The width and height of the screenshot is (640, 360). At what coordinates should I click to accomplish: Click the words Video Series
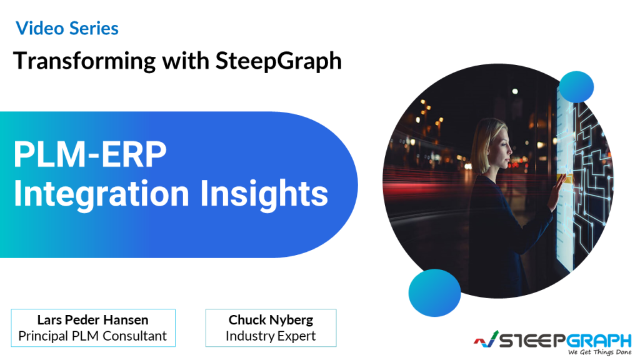[67, 27]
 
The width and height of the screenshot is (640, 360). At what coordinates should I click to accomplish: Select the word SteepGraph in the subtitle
[279, 61]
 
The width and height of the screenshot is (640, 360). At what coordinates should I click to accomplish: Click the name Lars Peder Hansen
[92, 319]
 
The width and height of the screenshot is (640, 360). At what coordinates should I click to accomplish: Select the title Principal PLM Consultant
[92, 336]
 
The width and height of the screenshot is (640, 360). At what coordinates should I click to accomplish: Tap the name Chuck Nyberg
[271, 319]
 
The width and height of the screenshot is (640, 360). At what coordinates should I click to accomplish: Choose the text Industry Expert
[271, 336]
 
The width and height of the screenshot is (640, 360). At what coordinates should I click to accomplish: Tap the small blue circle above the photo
[575, 87]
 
